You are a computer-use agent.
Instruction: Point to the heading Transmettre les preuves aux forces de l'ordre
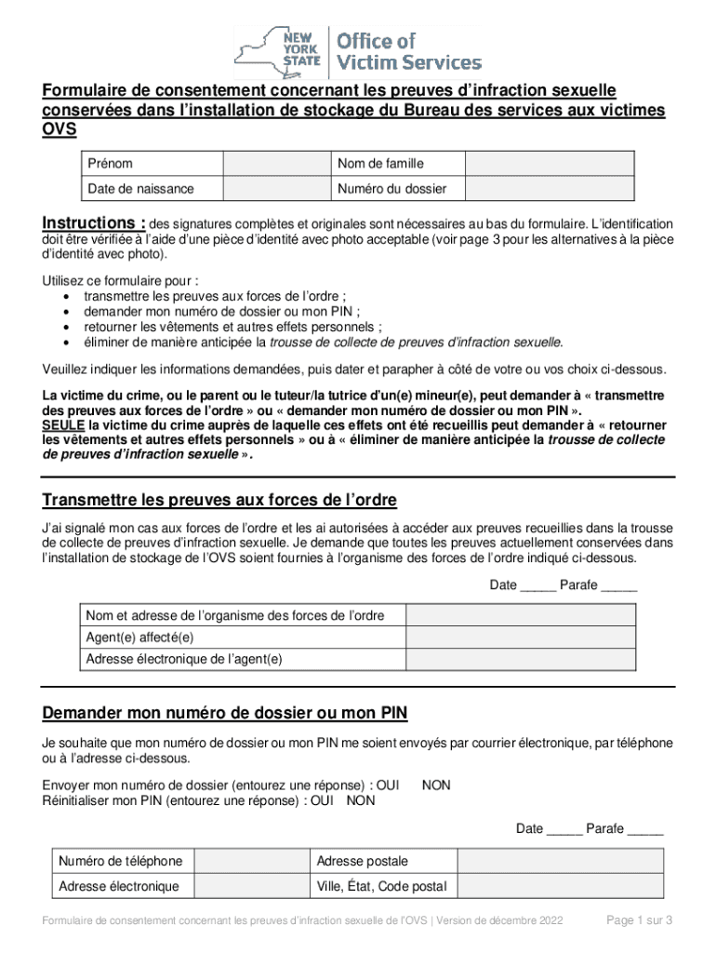click(x=219, y=501)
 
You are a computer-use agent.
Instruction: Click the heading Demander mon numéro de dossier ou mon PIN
click(x=224, y=714)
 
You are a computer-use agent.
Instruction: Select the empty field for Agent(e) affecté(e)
click(x=521, y=638)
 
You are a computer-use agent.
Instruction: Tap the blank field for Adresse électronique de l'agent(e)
click(x=521, y=659)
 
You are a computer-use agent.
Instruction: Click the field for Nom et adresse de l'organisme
click(x=521, y=615)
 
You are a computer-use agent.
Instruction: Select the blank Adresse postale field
click(x=561, y=861)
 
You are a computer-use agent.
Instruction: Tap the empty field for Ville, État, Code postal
click(x=561, y=886)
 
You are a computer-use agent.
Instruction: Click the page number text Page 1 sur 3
click(x=639, y=920)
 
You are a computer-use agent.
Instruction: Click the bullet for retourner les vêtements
click(x=66, y=328)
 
